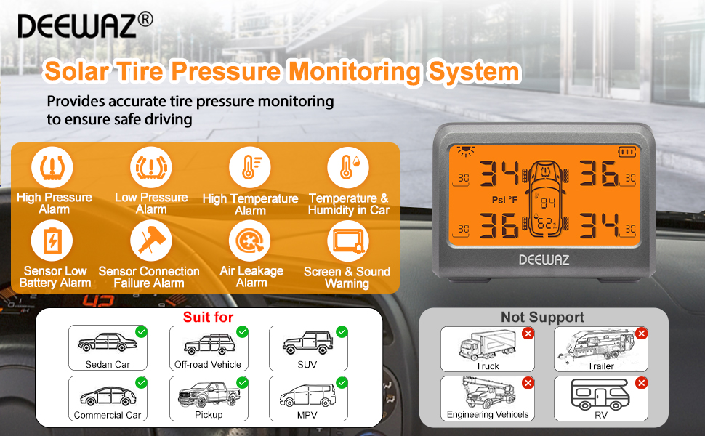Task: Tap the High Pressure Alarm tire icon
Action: [x=52, y=167]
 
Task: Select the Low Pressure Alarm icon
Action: [x=151, y=167]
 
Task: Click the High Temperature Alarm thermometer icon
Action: [x=249, y=167]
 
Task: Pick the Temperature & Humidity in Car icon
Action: [x=348, y=167]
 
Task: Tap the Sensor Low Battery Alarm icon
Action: [x=52, y=241]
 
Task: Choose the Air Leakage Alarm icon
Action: [x=249, y=241]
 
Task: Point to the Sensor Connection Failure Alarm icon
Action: [x=151, y=241]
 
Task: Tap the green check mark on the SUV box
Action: [x=341, y=332]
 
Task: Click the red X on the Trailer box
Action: [x=641, y=334]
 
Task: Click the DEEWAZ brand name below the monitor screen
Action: [x=544, y=259]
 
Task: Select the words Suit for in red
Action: [x=208, y=317]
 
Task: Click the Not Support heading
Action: [x=542, y=318]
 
